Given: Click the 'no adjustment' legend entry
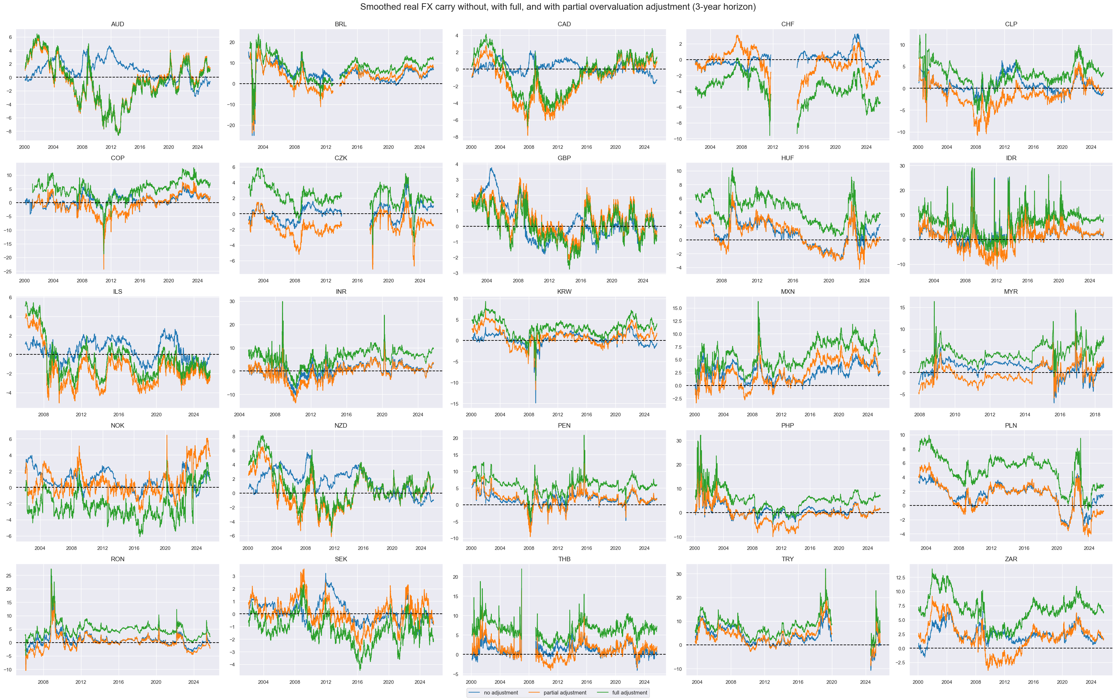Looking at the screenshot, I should point(500,693).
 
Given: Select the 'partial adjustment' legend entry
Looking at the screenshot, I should point(564,693).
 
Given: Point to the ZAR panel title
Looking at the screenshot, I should point(1011,559).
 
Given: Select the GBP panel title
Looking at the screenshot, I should point(564,158).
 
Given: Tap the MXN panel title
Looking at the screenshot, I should point(787,292).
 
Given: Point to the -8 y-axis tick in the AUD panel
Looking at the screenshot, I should point(10,132).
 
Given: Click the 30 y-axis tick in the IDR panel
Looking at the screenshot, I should point(902,166).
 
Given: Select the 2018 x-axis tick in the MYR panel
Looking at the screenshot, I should point(1094,415).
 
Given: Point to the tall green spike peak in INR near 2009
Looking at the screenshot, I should point(282,302).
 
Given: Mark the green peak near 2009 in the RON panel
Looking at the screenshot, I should point(51,569).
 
